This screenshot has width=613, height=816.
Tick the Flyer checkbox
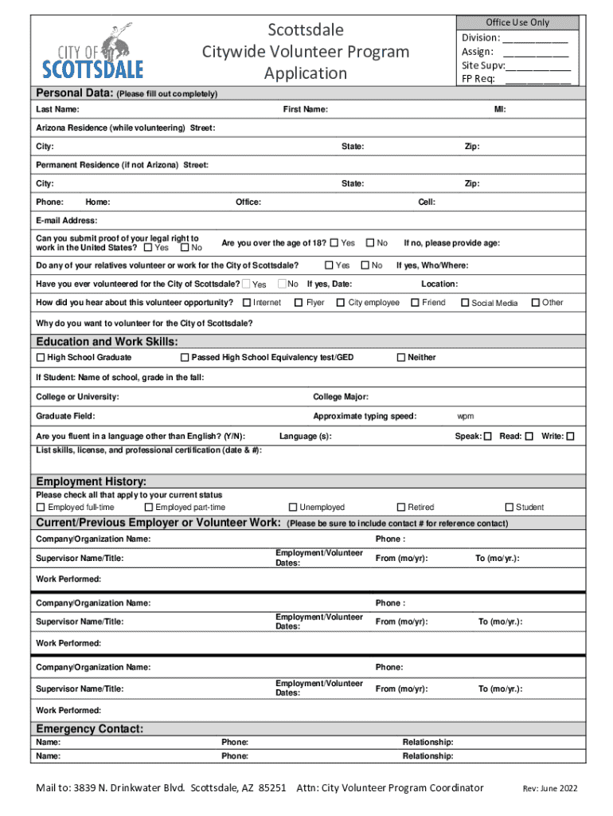click(x=299, y=302)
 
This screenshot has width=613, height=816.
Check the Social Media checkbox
click(x=466, y=303)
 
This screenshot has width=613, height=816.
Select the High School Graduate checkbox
click(x=41, y=358)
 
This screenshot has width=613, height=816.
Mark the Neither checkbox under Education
click(x=400, y=358)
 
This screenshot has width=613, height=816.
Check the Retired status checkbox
click(x=400, y=507)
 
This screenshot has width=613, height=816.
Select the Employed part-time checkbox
click(x=148, y=507)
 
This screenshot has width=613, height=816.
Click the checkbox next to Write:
click(x=570, y=437)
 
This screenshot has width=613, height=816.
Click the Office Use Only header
click(x=517, y=22)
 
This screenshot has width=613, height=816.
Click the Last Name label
click(x=57, y=109)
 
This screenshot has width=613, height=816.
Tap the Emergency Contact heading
click(x=90, y=728)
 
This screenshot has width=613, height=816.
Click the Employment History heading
click(x=92, y=481)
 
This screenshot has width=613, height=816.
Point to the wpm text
click(x=466, y=416)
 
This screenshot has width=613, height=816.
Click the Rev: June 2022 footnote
click(x=549, y=789)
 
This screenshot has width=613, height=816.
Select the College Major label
click(x=341, y=397)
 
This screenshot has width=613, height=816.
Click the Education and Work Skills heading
click(x=102, y=342)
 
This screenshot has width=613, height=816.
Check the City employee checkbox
click(x=340, y=302)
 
